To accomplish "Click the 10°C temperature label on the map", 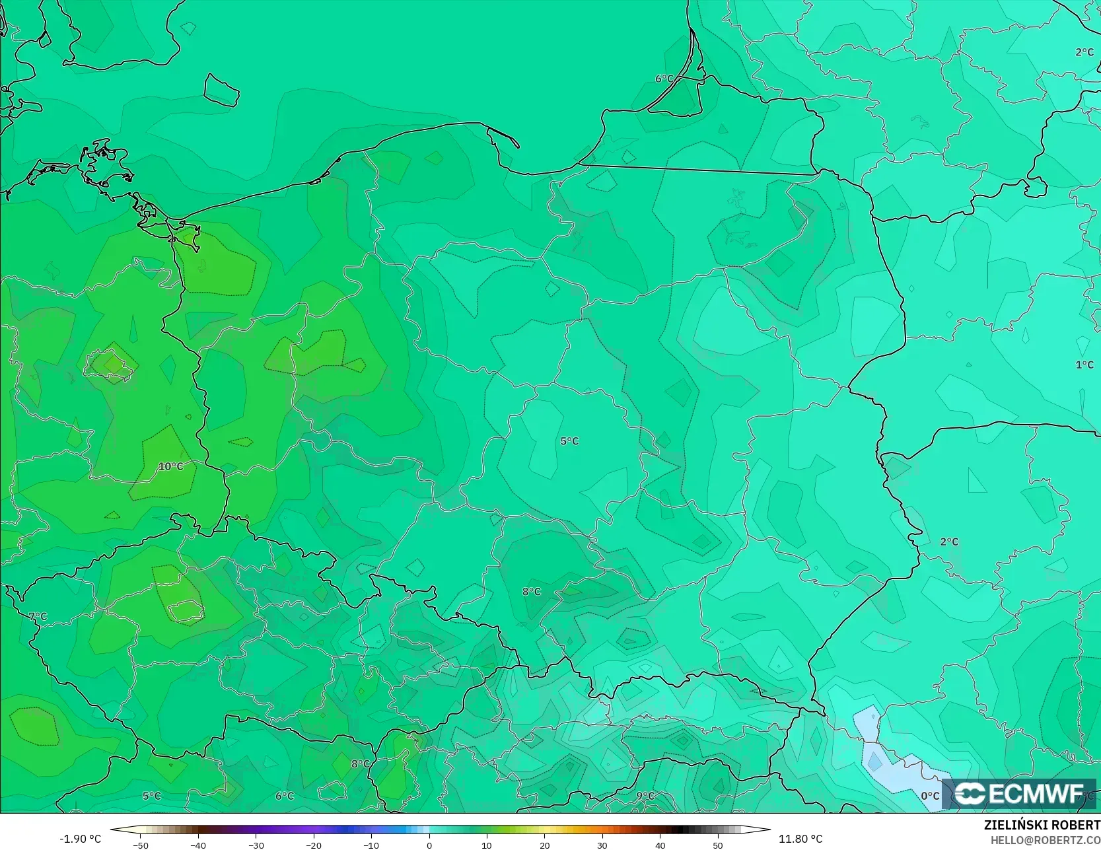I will [170, 466].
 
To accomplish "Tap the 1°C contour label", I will [1084, 365].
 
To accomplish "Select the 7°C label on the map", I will [38, 616].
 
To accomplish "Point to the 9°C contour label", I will [645, 796].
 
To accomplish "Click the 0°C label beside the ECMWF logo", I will [930, 796].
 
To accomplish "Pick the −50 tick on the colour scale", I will [140, 845].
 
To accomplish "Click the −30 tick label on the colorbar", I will [256, 845].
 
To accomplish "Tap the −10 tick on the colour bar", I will [371, 845].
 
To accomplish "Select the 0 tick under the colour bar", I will [429, 845].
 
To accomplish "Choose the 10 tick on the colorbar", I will [487, 845].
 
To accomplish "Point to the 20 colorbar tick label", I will [544, 845].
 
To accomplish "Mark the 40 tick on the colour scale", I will [660, 845].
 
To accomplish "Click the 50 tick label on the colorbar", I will [718, 845].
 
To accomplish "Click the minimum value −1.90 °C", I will [81, 839].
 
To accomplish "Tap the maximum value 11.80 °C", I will [800, 839].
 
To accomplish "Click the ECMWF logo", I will [1019, 793].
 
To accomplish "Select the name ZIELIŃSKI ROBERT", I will [1042, 825].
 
